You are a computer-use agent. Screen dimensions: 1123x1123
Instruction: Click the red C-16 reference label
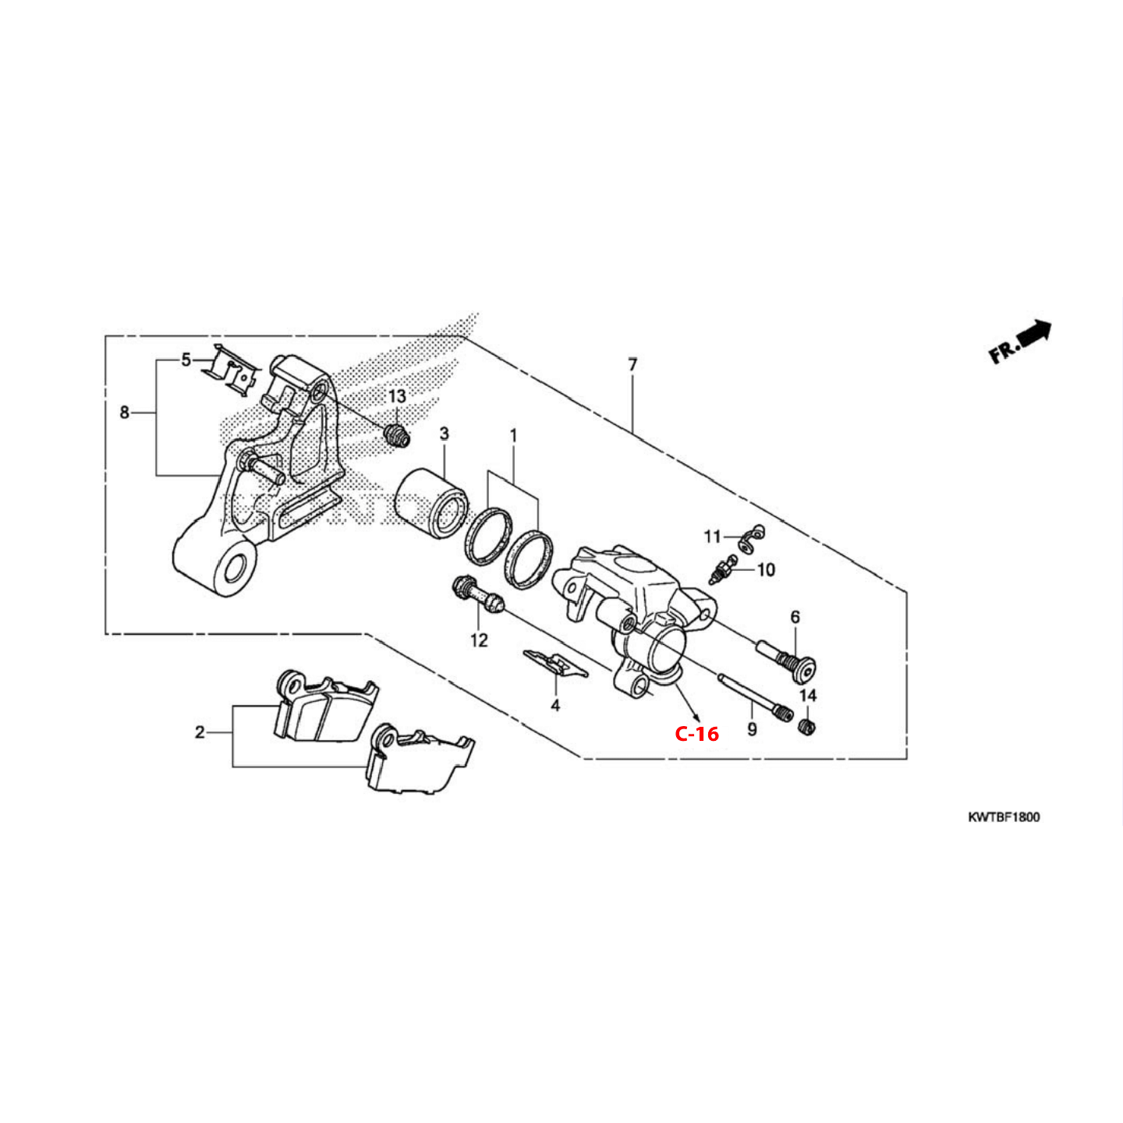(x=696, y=733)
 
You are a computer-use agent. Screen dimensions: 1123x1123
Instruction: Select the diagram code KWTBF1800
(x=1003, y=817)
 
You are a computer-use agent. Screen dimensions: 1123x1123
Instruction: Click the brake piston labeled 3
(x=430, y=501)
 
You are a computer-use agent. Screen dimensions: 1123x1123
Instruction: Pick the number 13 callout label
(x=397, y=397)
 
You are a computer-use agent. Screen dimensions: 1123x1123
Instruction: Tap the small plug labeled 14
(x=807, y=728)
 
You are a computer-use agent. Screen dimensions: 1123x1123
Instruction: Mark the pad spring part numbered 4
(x=554, y=663)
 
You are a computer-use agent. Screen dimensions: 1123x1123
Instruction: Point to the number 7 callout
(x=632, y=364)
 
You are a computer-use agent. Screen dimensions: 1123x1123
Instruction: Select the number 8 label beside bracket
(x=124, y=412)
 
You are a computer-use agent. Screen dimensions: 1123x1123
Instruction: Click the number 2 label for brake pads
(x=200, y=732)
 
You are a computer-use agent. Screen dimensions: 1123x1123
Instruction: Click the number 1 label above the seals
(x=513, y=435)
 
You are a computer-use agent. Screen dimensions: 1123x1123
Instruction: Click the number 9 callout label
(x=752, y=729)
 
